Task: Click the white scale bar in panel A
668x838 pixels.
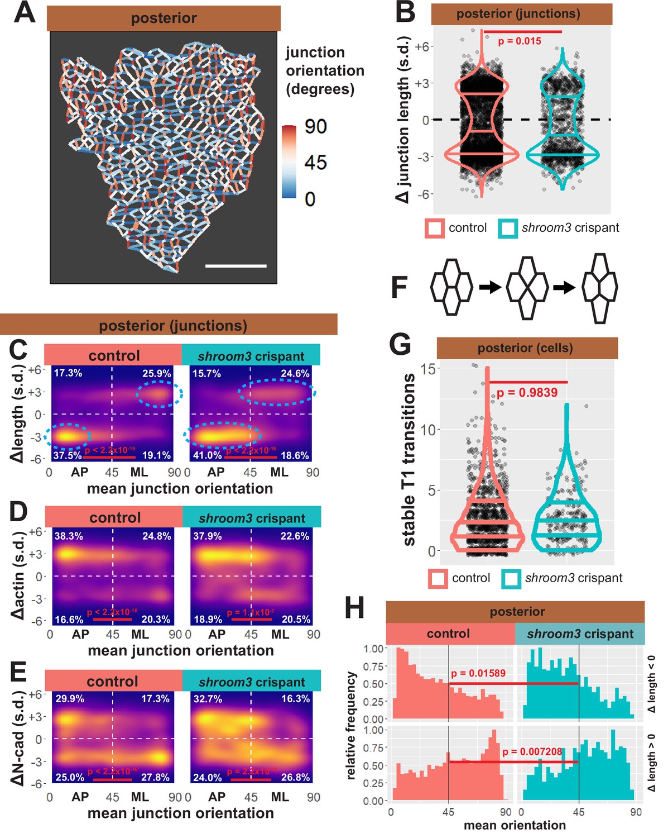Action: (236, 266)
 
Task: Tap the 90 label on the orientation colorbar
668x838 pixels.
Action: (315, 126)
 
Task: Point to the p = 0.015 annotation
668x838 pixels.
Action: (519, 41)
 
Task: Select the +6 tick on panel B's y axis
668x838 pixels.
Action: (422, 46)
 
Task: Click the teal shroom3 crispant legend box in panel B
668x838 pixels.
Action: (508, 228)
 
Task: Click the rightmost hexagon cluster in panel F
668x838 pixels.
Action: (599, 288)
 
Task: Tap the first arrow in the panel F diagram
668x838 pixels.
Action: (489, 288)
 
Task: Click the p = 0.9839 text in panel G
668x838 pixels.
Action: (527, 393)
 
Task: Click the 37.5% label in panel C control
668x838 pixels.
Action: (67, 455)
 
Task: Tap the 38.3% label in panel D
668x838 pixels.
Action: (69, 536)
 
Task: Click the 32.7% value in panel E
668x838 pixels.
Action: (207, 699)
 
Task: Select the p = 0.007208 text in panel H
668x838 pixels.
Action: (531, 751)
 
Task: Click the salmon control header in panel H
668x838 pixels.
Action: (449, 634)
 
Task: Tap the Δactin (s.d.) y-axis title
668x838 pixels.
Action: (18, 575)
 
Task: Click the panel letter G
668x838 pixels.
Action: (400, 345)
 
